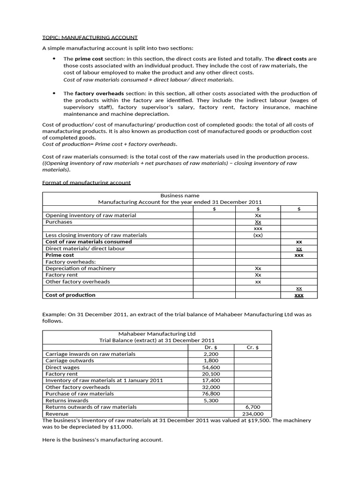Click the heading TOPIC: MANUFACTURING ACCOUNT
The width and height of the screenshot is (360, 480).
click(90, 37)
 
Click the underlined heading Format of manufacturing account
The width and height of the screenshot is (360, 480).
click(86, 182)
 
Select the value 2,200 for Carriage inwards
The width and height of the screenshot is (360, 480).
click(211, 354)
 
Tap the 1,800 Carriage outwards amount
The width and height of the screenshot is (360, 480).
click(211, 360)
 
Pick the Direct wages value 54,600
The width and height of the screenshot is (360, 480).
click(211, 367)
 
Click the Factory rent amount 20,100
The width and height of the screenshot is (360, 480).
click(211, 374)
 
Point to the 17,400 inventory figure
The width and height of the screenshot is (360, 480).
click(211, 381)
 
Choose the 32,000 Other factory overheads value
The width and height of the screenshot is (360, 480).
click(211, 387)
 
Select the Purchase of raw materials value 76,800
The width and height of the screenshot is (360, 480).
click(211, 394)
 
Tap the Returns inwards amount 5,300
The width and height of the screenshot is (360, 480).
click(212, 401)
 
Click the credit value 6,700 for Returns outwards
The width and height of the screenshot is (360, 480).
click(253, 407)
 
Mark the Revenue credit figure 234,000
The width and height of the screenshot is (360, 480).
click(253, 414)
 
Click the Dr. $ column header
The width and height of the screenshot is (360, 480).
click(211, 347)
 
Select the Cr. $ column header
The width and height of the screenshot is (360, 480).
click(253, 347)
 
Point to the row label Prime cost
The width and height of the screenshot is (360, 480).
click(60, 255)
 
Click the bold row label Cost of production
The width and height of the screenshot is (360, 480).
click(70, 295)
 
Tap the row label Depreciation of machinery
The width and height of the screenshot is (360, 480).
click(80, 268)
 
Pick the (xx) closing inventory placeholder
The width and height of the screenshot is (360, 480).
click(258, 235)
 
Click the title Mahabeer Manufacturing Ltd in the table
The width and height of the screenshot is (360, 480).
click(157, 334)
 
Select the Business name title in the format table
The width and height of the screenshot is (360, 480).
click(180, 195)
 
